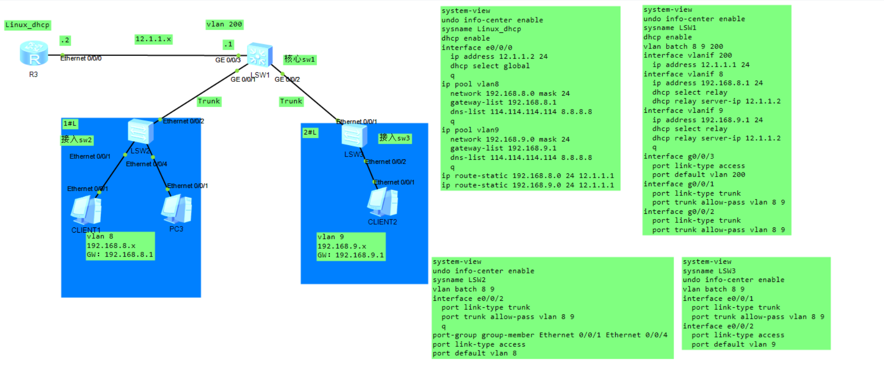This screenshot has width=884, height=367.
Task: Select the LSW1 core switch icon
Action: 259,55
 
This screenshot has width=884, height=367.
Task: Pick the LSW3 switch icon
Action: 354,137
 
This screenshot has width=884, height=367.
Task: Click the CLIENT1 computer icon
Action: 86,210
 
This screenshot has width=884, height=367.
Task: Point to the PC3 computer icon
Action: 176,209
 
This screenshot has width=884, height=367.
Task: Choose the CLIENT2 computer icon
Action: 382,202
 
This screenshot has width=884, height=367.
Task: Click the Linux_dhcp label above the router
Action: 27,25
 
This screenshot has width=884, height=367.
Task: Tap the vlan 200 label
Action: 224,24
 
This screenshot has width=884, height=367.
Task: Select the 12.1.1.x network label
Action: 153,39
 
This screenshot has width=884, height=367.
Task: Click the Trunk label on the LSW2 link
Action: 209,102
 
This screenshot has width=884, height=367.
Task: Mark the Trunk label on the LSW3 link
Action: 291,102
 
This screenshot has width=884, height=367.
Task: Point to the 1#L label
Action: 70,124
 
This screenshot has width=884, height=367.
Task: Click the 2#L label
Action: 310,133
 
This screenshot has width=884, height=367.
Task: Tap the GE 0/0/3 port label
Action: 228,60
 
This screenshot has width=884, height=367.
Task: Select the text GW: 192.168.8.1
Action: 120,255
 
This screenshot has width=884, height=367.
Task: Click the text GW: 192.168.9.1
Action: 350,255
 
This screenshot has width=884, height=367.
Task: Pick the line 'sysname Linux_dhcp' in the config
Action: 481,29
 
